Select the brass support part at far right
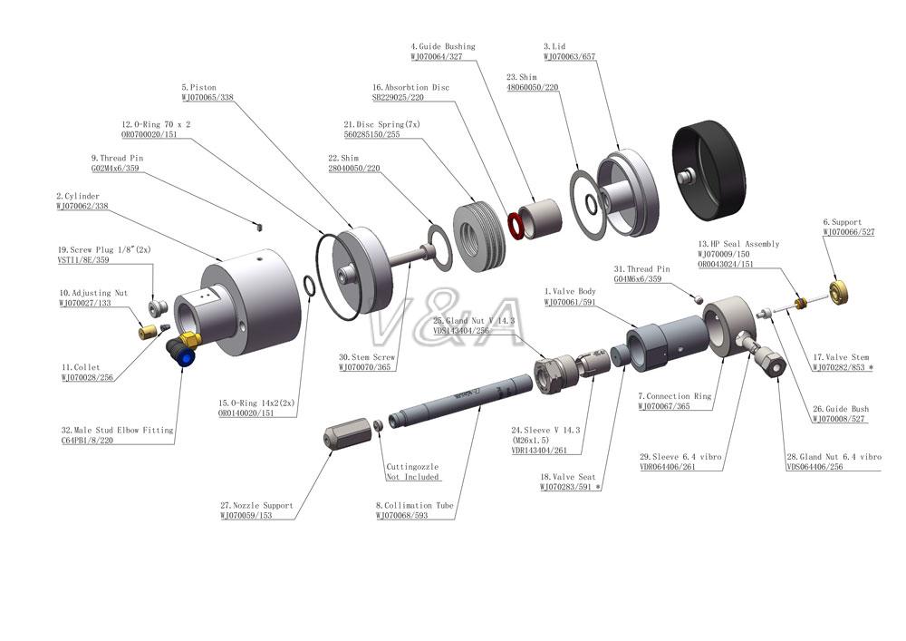tap(843, 292)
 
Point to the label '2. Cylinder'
tap(78, 196)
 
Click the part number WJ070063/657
tap(569, 56)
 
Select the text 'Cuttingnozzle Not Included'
tap(413, 471)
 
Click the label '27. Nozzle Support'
tap(257, 506)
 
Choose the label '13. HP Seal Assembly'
tap(738, 244)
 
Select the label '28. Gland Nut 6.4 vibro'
tap(834, 457)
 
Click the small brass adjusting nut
tap(145, 332)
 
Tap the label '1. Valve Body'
tap(572, 291)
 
